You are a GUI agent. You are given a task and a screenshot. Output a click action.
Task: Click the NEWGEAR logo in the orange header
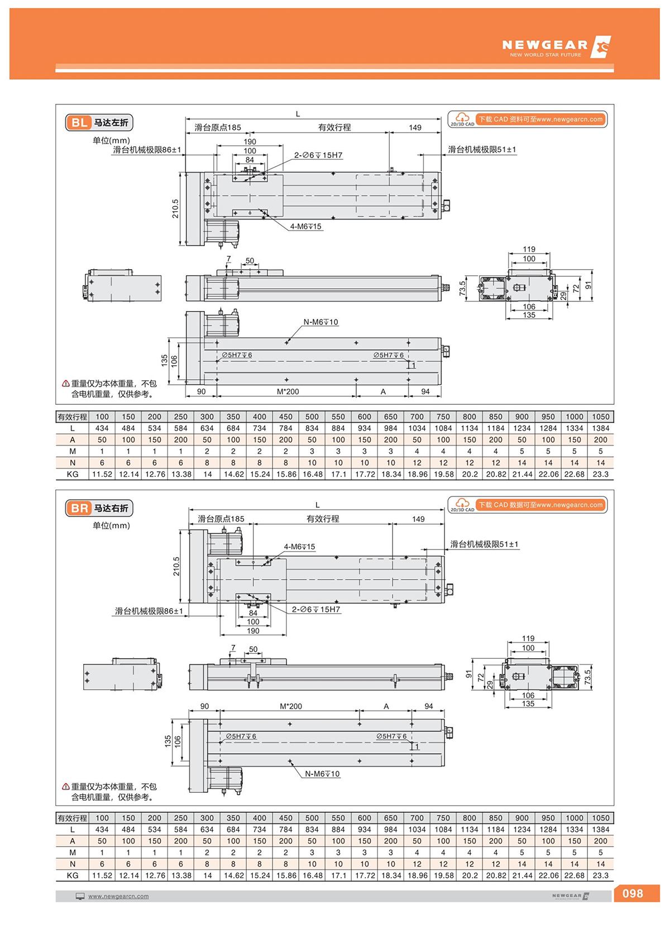(x=556, y=47)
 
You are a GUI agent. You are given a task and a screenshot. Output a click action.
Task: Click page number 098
(x=633, y=893)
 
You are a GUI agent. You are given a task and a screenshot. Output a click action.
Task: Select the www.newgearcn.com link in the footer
(x=118, y=896)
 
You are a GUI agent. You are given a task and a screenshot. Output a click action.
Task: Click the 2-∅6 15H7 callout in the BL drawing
(x=318, y=155)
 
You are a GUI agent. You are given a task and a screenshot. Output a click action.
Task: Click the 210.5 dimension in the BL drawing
(x=175, y=208)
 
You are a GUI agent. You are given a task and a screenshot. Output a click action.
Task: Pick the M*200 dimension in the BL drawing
(x=288, y=391)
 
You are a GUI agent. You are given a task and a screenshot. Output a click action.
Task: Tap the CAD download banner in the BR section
(x=540, y=505)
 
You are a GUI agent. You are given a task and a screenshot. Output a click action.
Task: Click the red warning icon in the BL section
(x=66, y=384)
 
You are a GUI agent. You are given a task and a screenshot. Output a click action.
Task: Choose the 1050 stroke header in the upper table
(x=600, y=417)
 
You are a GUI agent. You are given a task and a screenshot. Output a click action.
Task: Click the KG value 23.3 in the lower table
(x=600, y=875)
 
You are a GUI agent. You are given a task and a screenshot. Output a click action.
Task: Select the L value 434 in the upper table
(x=102, y=428)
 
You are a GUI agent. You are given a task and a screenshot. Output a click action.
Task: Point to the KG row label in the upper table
(x=72, y=474)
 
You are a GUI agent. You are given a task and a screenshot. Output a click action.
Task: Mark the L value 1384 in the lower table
(x=600, y=829)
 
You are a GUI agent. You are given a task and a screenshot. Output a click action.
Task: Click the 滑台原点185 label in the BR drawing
(x=221, y=519)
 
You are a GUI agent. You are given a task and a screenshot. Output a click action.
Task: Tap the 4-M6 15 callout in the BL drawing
(x=305, y=227)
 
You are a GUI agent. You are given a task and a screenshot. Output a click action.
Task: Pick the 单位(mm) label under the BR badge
(x=111, y=525)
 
